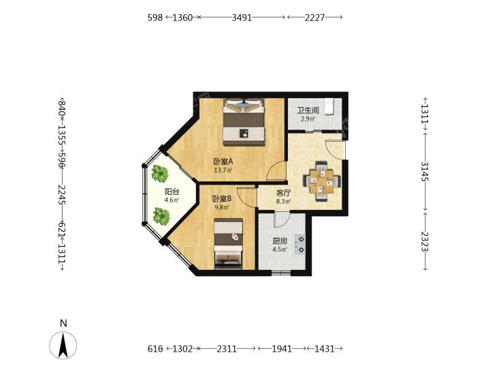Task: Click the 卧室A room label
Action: [223, 162]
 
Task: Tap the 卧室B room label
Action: [222, 198]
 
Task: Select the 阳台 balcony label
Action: [171, 191]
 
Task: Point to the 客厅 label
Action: [283, 193]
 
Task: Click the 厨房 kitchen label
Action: [280, 241]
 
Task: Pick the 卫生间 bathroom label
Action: [308, 110]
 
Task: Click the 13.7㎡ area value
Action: [223, 170]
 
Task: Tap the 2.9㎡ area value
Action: [308, 119]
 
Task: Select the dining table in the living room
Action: [321, 181]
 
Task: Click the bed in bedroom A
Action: [244, 122]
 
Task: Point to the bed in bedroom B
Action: [229, 243]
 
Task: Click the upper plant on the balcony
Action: [160, 173]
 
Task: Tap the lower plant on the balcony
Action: [161, 216]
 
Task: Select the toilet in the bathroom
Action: [329, 106]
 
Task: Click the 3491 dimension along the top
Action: [242, 18]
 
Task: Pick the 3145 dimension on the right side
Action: [425, 171]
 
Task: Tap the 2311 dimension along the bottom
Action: [227, 349]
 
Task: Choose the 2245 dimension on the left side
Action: [61, 195]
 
